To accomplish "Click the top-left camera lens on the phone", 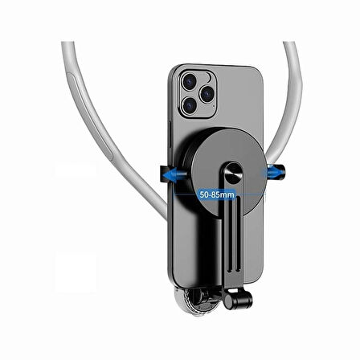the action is pyautogui.click(x=190, y=81).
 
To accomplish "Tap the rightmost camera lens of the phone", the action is pyautogui.click(x=207, y=94).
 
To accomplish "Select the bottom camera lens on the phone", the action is pyautogui.click(x=190, y=105).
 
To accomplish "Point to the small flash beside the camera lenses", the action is pyautogui.click(x=208, y=77).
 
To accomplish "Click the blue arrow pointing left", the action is pyautogui.click(x=175, y=175).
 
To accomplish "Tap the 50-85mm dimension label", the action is pyautogui.click(x=217, y=194).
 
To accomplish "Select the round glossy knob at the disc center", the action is pyautogui.click(x=233, y=173).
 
